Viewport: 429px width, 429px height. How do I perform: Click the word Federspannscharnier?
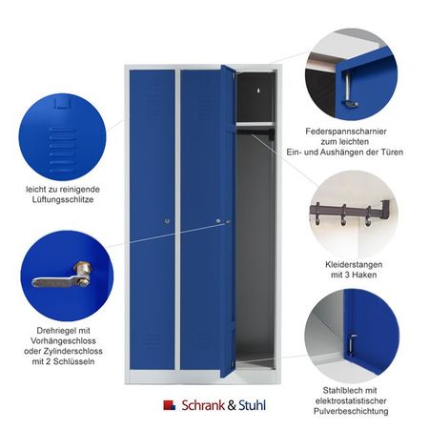(x=346, y=132)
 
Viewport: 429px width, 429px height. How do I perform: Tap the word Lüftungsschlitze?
(x=63, y=200)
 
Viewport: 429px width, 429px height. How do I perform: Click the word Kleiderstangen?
(x=354, y=265)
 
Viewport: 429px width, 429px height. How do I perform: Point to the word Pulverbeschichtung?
(x=351, y=411)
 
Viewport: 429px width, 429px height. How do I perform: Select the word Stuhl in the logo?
(x=252, y=405)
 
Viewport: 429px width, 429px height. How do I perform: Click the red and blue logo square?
(x=170, y=405)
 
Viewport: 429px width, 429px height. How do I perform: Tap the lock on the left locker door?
(x=167, y=221)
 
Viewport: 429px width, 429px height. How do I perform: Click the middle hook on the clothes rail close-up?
(x=343, y=215)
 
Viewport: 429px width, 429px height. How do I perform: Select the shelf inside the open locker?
(x=255, y=124)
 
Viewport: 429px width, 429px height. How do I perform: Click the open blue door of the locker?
(x=228, y=221)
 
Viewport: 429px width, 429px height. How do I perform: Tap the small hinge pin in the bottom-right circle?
(x=352, y=345)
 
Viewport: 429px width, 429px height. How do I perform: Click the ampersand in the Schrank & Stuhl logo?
(x=232, y=405)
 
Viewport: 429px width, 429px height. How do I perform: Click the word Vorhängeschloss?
(x=63, y=341)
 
